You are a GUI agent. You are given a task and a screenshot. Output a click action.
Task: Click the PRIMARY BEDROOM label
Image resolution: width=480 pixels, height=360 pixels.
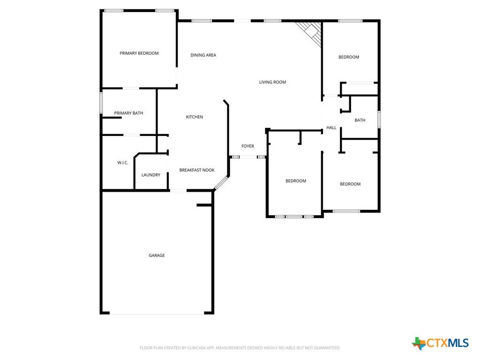[139, 53]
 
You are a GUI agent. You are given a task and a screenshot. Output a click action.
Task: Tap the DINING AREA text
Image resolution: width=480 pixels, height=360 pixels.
[203, 55]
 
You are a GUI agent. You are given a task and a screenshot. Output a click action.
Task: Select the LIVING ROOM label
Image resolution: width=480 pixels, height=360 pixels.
[272, 82]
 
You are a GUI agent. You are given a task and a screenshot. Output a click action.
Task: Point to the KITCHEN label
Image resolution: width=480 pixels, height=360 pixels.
[195, 117]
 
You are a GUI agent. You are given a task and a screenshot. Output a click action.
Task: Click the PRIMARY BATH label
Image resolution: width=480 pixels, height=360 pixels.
[128, 113]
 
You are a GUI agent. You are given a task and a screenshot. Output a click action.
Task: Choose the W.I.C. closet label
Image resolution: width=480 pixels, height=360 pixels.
[123, 163]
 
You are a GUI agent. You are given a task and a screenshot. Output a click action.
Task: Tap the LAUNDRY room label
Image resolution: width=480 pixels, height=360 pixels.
[151, 175]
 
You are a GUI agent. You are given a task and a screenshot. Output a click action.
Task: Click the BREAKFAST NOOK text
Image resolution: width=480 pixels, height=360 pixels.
[197, 170]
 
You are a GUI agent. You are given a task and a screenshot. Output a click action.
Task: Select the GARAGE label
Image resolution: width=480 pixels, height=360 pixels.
[157, 255]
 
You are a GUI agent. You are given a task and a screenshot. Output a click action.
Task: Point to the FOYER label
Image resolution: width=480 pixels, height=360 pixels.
[247, 146]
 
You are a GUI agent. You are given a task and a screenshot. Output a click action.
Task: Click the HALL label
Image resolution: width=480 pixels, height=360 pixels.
[331, 127]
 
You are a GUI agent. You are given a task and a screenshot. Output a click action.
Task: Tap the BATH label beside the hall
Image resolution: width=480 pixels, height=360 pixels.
[360, 120]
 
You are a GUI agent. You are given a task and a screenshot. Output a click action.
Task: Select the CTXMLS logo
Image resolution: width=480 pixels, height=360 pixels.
[440, 343]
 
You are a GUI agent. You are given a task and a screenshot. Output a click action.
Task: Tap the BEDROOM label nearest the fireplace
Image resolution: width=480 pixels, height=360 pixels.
[349, 57]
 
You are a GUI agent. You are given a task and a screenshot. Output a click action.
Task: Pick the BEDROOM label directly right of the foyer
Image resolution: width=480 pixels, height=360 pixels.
[296, 181]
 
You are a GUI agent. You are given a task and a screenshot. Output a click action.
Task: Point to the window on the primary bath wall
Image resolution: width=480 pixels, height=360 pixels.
[101, 103]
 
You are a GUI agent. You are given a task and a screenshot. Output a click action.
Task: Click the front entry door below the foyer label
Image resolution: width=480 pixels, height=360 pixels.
[248, 157]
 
